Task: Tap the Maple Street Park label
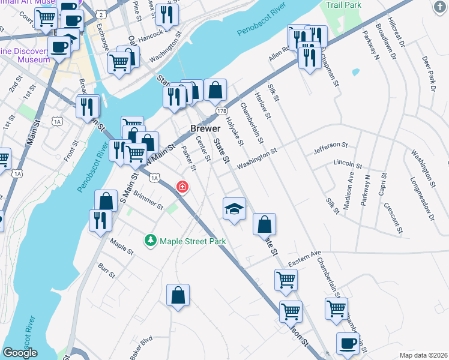[192, 241]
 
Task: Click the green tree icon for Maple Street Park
[150, 241]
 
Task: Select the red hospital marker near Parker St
[181, 188]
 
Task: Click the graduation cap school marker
[235, 208]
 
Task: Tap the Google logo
[20, 353]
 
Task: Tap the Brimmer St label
[149, 201]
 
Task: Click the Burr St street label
[106, 270]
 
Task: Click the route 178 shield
[222, 111]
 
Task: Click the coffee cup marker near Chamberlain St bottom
[348, 343]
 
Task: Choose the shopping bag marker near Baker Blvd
[178, 295]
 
